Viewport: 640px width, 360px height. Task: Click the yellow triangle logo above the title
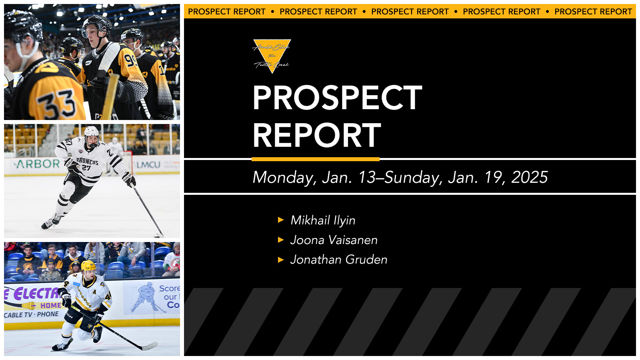point(272,54)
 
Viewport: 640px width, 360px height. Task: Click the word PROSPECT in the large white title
point(337,98)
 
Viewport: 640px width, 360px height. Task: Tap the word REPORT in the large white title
point(316,136)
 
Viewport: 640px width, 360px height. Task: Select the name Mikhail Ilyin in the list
point(323,220)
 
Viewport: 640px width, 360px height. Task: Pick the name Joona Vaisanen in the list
point(334,240)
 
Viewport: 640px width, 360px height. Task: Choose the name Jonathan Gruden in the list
point(338,260)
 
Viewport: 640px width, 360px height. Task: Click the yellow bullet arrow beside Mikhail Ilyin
point(281,220)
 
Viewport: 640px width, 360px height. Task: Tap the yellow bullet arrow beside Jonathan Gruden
point(281,260)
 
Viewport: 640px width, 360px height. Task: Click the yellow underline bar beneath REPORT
point(315,159)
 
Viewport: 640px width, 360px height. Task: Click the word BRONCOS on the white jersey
point(87,161)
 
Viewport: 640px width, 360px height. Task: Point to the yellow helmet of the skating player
point(88,266)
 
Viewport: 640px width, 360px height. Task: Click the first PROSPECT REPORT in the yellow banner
point(226,12)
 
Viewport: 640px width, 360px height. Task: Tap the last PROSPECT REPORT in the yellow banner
point(593,12)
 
